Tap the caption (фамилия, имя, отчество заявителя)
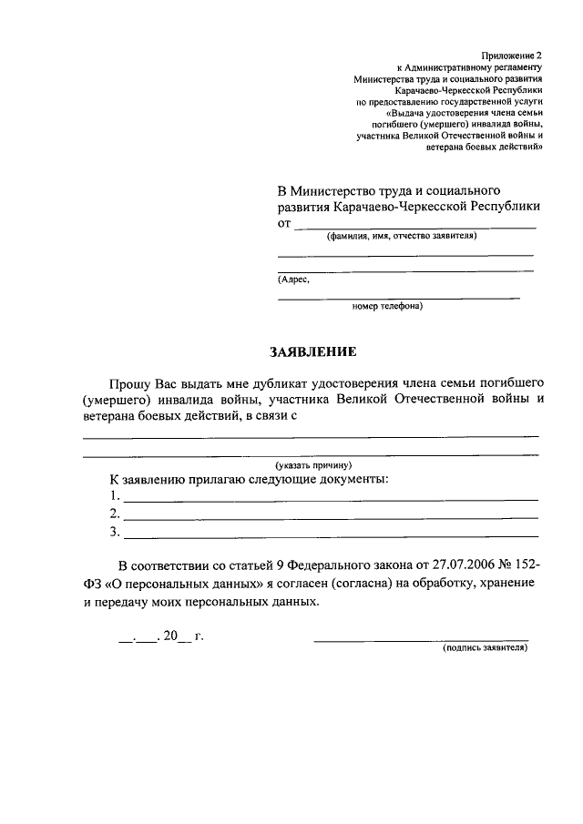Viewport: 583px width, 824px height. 402,236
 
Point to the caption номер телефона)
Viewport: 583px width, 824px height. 387,306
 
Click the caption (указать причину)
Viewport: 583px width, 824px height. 313,465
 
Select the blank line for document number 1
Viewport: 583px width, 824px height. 330,499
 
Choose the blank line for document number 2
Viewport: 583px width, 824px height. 330,517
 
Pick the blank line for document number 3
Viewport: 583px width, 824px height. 330,535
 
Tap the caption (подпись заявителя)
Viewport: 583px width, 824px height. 485,649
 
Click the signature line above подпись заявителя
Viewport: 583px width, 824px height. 421,641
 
